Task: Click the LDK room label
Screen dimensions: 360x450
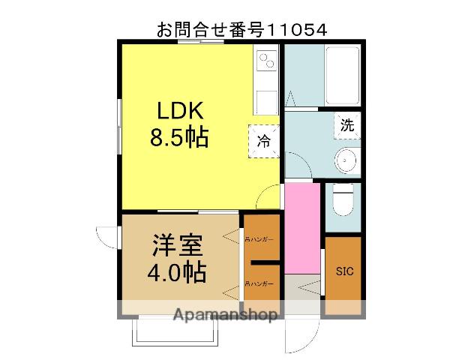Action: point(180,110)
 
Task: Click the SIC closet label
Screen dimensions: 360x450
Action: point(343,271)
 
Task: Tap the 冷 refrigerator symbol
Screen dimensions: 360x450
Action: point(264,139)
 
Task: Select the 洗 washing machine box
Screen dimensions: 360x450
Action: point(347,125)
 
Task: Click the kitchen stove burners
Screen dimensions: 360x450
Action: point(266,61)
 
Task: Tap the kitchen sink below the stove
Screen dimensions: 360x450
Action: point(266,100)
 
